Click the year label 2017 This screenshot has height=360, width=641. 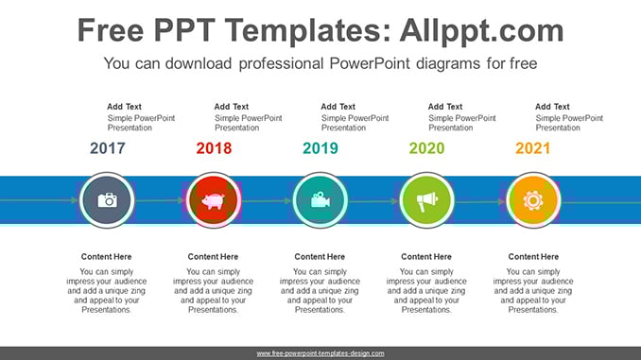tap(108, 148)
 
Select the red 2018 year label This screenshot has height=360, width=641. tap(214, 148)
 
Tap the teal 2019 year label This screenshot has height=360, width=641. tap(320, 148)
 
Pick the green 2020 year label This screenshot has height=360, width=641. tap(426, 148)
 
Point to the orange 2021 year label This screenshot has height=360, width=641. tap(532, 148)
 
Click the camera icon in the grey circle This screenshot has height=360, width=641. tap(107, 200)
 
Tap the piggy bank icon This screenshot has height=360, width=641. tap(214, 201)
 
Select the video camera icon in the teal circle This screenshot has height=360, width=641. tap(320, 199)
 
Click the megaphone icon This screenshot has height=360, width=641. tap(426, 201)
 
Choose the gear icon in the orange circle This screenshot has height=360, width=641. tap(533, 200)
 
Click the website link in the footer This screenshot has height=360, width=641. tap(320, 353)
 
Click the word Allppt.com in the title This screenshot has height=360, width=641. tap(481, 31)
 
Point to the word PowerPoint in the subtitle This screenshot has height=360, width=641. tap(369, 63)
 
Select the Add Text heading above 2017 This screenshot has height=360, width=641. tap(124, 107)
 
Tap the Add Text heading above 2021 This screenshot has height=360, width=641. tap(552, 107)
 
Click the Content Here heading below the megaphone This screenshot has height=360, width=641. tap(426, 257)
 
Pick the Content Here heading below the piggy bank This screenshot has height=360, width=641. tap(213, 257)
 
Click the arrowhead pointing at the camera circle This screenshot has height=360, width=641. tap(75, 200)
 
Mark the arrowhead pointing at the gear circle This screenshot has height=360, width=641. tap(501, 201)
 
